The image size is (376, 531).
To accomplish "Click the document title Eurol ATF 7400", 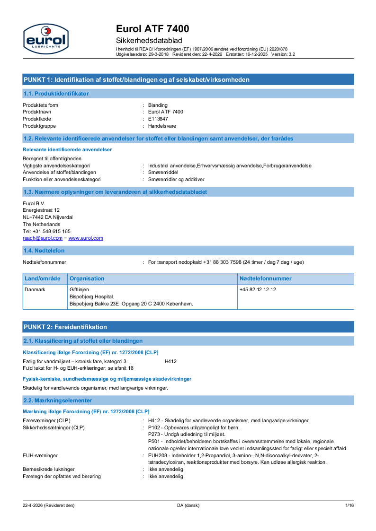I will point(152,29).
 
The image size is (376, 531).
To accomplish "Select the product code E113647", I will point(158,119).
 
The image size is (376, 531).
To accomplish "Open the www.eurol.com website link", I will point(86,238).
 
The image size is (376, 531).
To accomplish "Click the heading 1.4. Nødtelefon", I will point(44,251).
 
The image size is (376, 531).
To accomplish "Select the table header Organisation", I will point(87,279).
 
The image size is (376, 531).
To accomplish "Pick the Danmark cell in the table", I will point(35,289).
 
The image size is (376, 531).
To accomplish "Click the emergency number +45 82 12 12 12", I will point(258,289).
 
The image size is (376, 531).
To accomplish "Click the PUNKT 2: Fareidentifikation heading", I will point(65,327).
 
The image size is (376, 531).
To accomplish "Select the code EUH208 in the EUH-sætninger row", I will point(158,455).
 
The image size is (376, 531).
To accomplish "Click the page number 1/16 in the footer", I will point(349,505).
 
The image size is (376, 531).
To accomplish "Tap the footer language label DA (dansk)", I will point(188,505).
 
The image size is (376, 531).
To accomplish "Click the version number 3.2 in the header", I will point(292,54).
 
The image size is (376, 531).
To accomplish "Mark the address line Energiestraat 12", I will point(41,210).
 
